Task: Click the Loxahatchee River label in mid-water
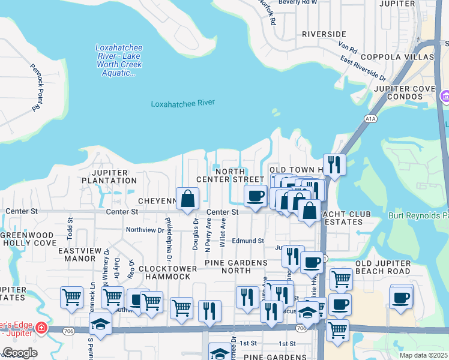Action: (x=182, y=103)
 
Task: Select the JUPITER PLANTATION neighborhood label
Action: (x=109, y=176)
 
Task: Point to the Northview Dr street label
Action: (x=145, y=230)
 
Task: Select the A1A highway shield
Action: (x=369, y=119)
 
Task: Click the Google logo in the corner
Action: (x=20, y=353)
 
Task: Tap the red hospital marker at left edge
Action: (x=40, y=328)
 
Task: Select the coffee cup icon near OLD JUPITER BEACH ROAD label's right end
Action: (x=401, y=297)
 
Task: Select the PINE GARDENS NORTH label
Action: (x=236, y=268)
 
